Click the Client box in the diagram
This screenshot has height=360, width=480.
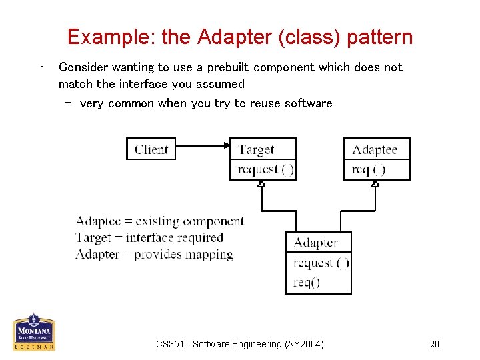click(x=151, y=149)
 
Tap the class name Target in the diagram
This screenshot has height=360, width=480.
click(x=257, y=149)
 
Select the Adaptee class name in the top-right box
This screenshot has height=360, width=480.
click(x=375, y=149)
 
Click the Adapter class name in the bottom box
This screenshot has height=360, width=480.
click(x=316, y=243)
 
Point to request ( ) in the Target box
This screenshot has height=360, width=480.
click(x=265, y=169)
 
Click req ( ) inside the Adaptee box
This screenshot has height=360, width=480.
click(x=369, y=169)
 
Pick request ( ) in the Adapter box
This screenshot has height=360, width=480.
click(x=321, y=263)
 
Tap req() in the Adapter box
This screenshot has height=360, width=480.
click(x=307, y=282)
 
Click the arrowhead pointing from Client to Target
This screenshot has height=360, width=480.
click(x=225, y=145)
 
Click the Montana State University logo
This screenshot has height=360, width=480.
click(x=34, y=332)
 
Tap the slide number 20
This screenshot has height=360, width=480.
click(x=435, y=344)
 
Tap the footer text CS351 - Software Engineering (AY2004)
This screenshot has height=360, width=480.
click(x=240, y=344)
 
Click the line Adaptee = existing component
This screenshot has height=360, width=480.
click(x=159, y=221)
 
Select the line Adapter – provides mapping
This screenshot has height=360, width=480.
click(x=154, y=254)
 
